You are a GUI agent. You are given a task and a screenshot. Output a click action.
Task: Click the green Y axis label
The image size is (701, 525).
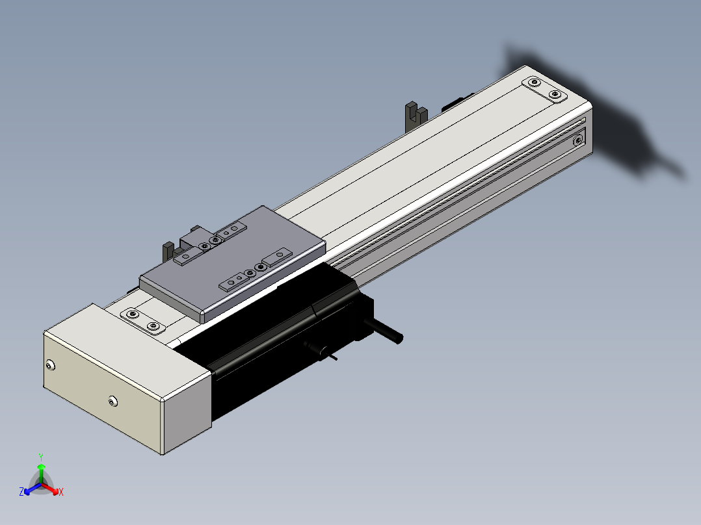pos(41,457)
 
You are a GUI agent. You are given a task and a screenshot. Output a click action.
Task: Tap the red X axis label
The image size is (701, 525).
pos(61,492)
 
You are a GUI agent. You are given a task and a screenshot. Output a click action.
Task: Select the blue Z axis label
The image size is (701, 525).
pos(21,491)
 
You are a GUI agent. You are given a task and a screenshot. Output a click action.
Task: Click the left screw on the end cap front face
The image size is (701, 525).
pos(50,366)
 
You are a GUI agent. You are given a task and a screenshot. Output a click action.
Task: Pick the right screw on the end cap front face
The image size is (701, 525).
pos(113,402)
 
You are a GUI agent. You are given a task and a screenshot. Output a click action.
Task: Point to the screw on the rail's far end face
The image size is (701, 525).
pos(578,141)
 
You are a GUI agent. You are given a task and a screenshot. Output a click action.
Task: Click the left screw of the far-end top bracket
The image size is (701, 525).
pos(534,83)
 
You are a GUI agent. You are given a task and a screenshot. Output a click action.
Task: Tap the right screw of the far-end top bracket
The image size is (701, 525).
pos(555,94)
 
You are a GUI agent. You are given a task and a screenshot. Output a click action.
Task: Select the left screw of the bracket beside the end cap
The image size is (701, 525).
pos(133,314)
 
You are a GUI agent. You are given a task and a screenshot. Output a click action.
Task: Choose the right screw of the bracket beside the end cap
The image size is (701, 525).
pos(153,326)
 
